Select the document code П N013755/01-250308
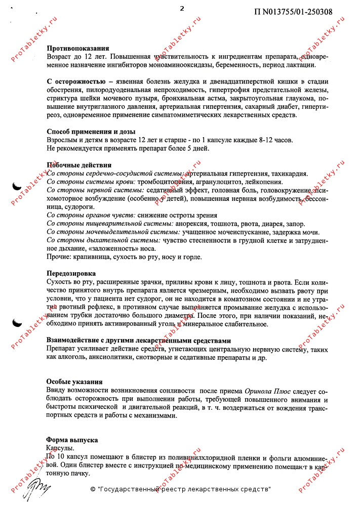pos(293,12)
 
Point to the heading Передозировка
pos(71,273)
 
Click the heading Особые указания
pos(74,382)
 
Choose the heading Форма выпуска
pos(72,440)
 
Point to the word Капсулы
pos(60,448)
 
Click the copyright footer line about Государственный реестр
pos(180,489)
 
